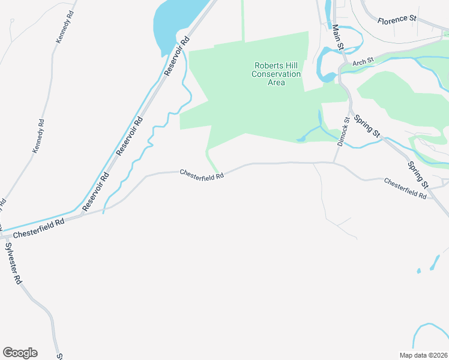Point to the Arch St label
pos(363,61)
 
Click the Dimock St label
pos(343,133)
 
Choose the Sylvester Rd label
pos(14,263)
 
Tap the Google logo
pos(20,353)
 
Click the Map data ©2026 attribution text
pos(423,355)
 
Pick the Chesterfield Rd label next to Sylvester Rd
pos(39,227)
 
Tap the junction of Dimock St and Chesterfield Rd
pos(334,162)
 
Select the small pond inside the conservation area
pos(301,140)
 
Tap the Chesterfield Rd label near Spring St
pos(405,188)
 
